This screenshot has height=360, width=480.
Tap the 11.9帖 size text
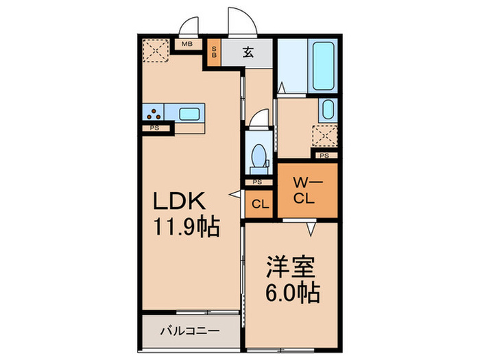click(x=182, y=227)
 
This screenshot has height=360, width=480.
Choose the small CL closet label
click(x=260, y=204)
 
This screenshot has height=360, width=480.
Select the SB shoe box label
click(x=214, y=53)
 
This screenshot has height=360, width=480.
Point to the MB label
click(x=187, y=45)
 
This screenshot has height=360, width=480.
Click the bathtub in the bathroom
click(x=321, y=67)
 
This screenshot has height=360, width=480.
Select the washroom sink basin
click(x=328, y=110)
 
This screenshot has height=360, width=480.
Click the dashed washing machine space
click(x=325, y=136)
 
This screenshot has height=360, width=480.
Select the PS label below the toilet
click(x=257, y=182)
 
